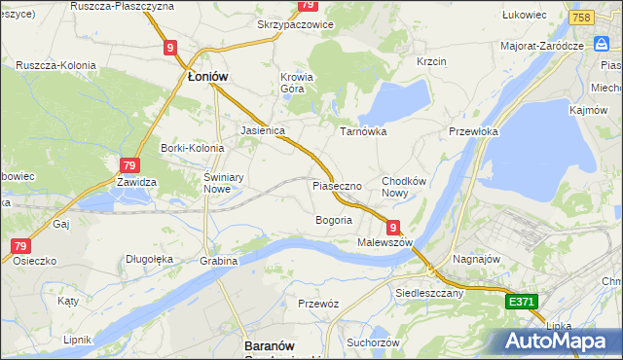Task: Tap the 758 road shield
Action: pyautogui.click(x=581, y=18)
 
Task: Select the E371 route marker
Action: pyautogui.click(x=521, y=303)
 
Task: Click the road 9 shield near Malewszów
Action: pyautogui.click(x=393, y=226)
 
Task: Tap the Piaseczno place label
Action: pyautogui.click(x=337, y=185)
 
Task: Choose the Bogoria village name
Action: pyautogui.click(x=333, y=220)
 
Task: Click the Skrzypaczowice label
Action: pyautogui.click(x=294, y=24)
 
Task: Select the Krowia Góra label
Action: pyautogui.click(x=297, y=83)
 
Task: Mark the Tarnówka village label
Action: pyautogui.click(x=363, y=130)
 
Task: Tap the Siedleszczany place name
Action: pyautogui.click(x=427, y=291)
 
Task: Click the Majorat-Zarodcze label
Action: pyautogui.click(x=541, y=45)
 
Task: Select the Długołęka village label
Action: pyautogui.click(x=149, y=259)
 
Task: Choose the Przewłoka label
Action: pyautogui.click(x=473, y=130)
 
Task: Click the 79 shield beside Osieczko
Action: pyautogui.click(x=20, y=247)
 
